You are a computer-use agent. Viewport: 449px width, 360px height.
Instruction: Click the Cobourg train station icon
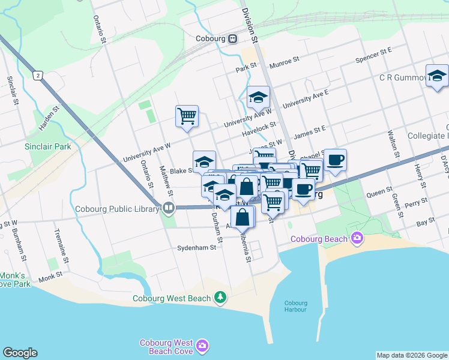232,39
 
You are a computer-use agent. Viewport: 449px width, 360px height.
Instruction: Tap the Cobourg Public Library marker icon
169,208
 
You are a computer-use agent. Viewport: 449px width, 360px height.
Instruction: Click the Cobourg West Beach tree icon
221,297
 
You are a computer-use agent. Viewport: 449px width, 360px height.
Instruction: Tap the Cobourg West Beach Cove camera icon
203,346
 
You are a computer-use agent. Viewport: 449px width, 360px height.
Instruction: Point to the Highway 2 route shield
38,75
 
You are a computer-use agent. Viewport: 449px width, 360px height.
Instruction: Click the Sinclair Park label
47,146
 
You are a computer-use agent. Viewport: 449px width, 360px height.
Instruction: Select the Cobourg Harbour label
295,306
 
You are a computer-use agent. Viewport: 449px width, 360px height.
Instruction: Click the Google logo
20,353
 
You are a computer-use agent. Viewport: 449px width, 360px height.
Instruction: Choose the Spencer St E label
373,57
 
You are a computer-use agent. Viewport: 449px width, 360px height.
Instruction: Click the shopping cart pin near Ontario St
187,115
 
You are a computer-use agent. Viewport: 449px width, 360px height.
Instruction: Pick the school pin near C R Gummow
438,76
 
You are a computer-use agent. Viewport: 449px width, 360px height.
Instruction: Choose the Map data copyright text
411,355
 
